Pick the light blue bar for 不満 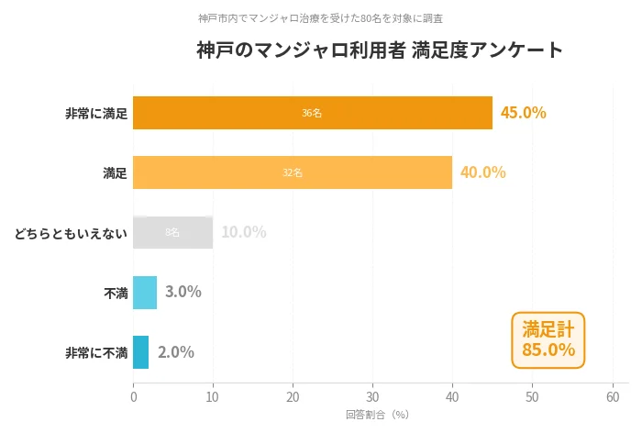click(145, 293)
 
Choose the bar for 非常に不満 click(140, 352)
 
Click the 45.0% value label click(523, 113)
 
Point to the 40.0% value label click(482, 172)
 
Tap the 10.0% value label click(243, 232)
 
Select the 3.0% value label click(183, 293)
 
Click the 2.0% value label click(175, 352)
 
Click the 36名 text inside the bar click(312, 113)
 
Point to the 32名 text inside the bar click(292, 172)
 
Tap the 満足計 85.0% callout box click(548, 339)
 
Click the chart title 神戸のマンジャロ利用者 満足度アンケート click(380, 50)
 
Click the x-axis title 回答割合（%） click(376, 415)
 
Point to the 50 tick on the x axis click(532, 397)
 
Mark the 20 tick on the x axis click(293, 397)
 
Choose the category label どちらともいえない click(70, 233)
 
